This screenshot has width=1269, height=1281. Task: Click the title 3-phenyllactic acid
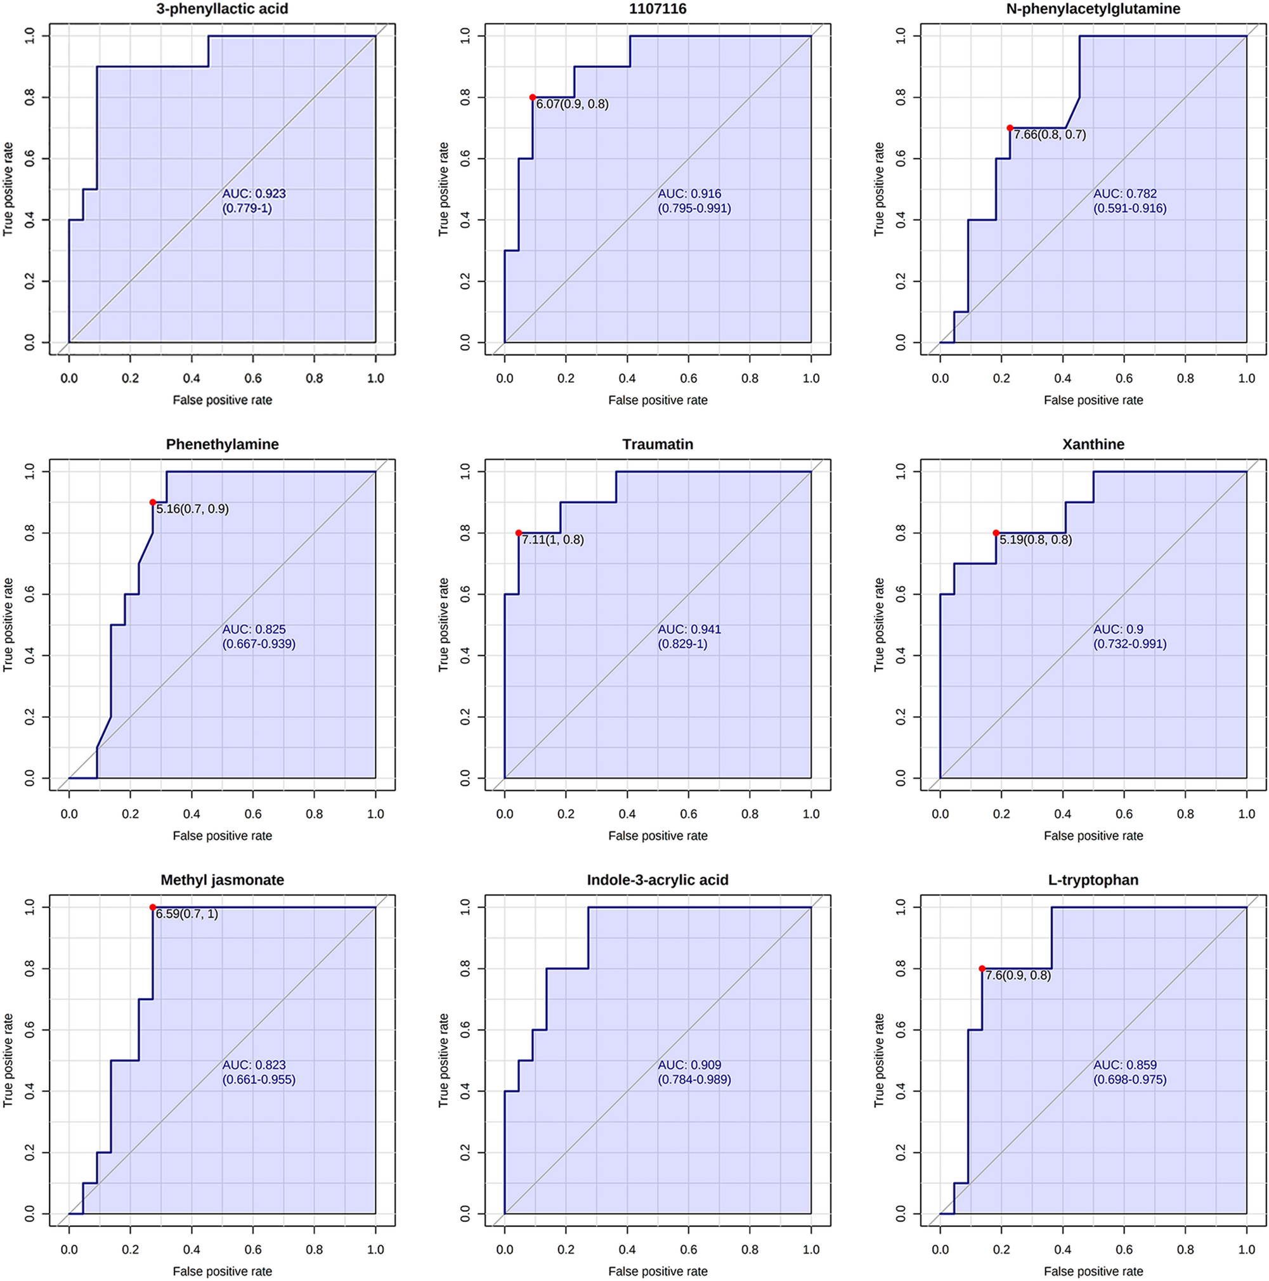click(x=222, y=9)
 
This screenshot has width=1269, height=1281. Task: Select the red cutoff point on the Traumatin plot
click(x=519, y=533)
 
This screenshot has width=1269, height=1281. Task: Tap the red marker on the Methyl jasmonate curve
click(x=152, y=907)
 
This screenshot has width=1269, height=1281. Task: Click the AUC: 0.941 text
click(x=689, y=629)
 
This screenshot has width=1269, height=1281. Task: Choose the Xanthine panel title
click(x=1093, y=445)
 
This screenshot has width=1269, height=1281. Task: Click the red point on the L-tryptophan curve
click(x=982, y=968)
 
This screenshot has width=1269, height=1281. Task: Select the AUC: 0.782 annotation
click(x=1124, y=193)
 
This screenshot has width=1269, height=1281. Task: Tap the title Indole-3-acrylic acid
click(x=657, y=880)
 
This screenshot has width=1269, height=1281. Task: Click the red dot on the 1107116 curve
click(x=533, y=98)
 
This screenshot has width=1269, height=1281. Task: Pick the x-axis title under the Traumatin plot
click(x=657, y=835)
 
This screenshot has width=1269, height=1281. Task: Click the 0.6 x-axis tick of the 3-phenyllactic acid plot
click(x=252, y=379)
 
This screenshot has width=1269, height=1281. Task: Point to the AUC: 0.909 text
click(x=689, y=1065)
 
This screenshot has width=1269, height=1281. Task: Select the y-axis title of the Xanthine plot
click(x=879, y=625)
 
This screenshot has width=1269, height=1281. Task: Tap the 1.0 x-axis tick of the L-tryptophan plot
click(x=1246, y=1250)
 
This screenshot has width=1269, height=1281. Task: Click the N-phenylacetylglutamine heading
click(x=1093, y=9)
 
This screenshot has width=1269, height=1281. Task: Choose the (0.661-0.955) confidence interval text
click(x=259, y=1079)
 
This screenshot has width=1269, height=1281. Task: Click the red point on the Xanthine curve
click(x=996, y=533)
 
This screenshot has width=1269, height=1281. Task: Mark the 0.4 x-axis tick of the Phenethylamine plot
click(x=192, y=814)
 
